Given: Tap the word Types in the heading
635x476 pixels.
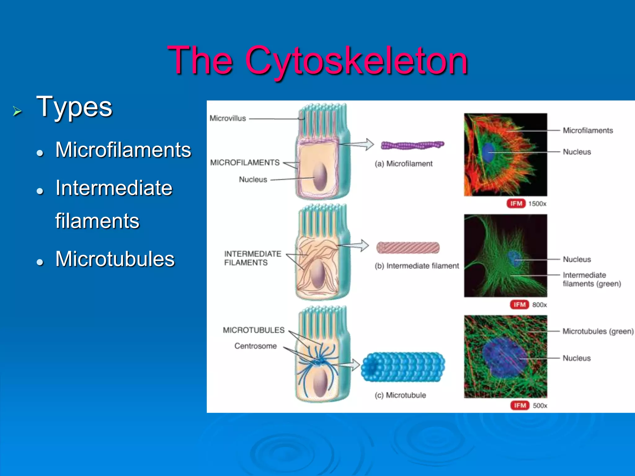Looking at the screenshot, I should (x=74, y=107).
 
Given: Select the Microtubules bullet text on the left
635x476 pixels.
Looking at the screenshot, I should (x=115, y=259).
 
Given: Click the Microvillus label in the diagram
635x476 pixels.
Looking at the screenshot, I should (x=228, y=118).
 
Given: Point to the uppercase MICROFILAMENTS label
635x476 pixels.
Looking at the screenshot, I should (x=245, y=162).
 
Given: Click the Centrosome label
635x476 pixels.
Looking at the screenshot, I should (x=255, y=346).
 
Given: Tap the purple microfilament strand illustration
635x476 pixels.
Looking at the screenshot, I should (x=412, y=145).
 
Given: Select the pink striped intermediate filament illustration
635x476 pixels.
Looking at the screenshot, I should (x=408, y=248).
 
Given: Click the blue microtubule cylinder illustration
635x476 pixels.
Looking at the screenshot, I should (x=403, y=367).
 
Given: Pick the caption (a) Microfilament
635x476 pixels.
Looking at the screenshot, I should (x=403, y=164).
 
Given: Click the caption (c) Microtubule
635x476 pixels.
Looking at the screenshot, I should (x=400, y=395).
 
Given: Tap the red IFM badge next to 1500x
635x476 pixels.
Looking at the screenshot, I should (x=516, y=204).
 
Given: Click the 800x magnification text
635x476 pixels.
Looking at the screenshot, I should (x=540, y=305).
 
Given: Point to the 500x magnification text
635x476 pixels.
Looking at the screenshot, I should (x=540, y=406).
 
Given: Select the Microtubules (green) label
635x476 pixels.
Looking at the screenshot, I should (x=598, y=331).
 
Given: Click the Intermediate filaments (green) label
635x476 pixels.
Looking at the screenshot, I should (x=591, y=279).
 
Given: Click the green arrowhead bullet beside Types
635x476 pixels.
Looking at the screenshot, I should (x=17, y=111).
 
